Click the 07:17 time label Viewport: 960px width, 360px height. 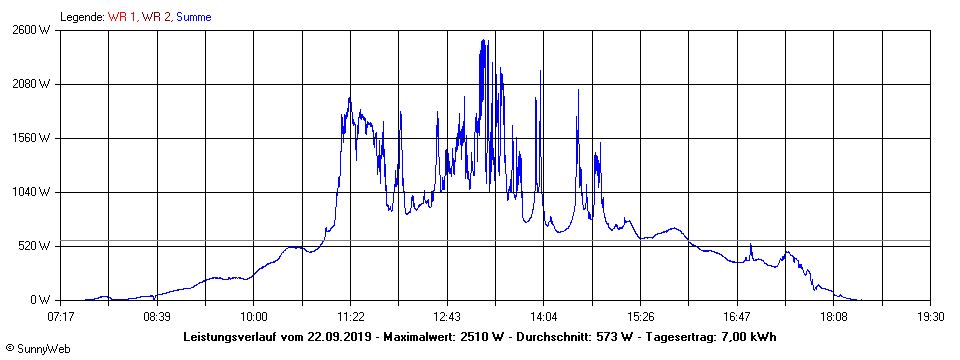[61, 316]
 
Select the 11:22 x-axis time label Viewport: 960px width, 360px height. [349, 316]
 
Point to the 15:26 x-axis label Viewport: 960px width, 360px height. [640, 316]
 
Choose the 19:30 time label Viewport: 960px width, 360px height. [930, 316]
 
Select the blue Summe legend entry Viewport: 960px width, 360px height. [193, 17]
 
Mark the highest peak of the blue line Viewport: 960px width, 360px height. [484, 41]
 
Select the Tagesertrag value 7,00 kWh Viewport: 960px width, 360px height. [748, 336]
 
